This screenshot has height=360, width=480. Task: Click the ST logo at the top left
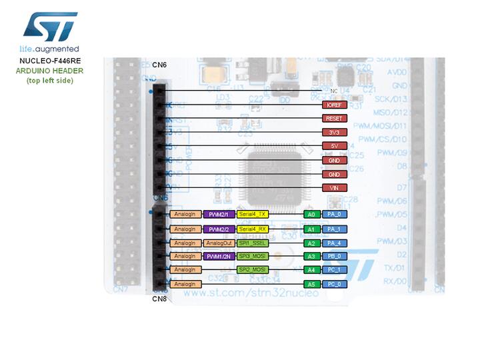(50, 25)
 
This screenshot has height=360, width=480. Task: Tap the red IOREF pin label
(333, 105)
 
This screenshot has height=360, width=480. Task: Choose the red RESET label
(333, 118)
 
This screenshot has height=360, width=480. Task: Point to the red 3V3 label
(333, 131)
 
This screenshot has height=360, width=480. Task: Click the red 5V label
(333, 145)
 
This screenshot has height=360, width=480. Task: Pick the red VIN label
(333, 188)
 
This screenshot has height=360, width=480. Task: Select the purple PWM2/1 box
(219, 215)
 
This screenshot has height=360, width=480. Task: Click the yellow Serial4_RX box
(253, 229)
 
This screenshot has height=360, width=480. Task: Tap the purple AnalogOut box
(219, 243)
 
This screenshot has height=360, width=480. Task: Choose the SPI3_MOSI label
(253, 256)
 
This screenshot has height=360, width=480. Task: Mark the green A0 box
(310, 215)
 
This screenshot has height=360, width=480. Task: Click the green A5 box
(310, 284)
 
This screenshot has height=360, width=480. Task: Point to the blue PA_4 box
(334, 243)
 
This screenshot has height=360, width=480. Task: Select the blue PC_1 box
(334, 270)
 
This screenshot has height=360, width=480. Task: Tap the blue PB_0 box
(334, 256)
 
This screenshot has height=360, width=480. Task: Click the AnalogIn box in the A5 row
(185, 284)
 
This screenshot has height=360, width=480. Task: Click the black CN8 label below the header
(159, 299)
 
